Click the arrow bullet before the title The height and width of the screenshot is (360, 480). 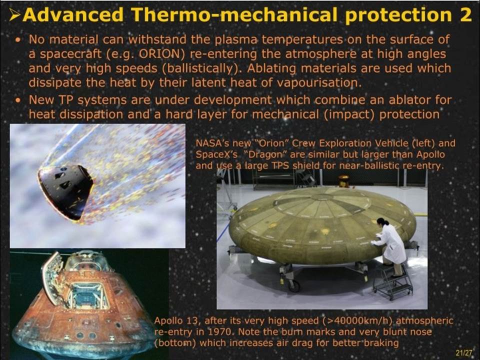14,14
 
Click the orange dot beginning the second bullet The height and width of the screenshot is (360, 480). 19,100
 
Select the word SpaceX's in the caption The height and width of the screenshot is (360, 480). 216,154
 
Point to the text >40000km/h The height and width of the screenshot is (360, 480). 360,321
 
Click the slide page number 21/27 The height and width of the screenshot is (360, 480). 464,352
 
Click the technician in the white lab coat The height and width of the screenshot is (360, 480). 389,244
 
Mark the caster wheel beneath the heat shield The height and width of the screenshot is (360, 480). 294,286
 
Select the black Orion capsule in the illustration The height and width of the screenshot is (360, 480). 65,191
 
